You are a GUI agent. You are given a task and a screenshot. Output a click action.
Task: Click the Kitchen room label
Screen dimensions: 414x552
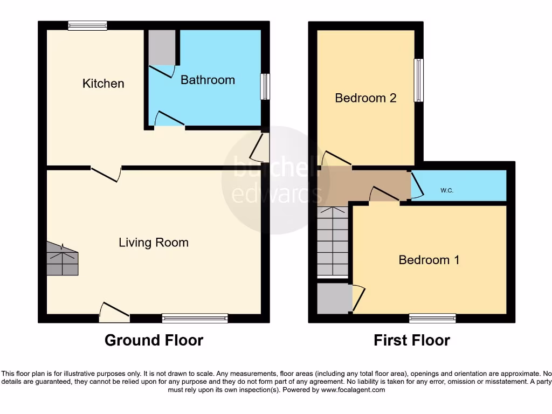click(103, 84)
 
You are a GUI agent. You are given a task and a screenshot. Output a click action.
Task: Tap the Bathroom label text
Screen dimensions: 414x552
click(208, 80)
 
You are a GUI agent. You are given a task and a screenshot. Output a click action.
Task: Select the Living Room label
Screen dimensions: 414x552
click(154, 243)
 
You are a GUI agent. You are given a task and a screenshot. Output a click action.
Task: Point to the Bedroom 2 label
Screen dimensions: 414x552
click(365, 98)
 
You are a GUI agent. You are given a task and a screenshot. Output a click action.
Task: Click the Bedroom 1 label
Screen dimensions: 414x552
click(429, 260)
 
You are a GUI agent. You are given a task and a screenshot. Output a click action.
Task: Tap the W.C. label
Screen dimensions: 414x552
click(446, 190)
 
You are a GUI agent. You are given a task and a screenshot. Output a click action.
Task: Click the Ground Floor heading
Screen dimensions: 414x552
click(154, 340)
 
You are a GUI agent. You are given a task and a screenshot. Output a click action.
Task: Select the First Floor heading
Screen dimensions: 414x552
click(412, 340)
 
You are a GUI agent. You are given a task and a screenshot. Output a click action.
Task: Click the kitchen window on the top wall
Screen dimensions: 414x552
click(87, 25)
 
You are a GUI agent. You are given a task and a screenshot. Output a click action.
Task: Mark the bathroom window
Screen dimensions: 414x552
click(265, 87)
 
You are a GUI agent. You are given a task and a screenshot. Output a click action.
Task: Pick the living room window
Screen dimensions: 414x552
click(195, 319)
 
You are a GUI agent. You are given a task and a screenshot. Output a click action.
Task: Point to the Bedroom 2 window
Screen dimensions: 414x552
click(418, 80)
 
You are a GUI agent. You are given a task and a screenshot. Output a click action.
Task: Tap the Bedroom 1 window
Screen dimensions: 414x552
click(432, 319)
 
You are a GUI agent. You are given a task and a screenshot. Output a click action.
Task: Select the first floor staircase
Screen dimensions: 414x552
click(332, 241)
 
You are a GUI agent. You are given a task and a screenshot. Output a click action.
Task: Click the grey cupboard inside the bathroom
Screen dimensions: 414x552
click(162, 47)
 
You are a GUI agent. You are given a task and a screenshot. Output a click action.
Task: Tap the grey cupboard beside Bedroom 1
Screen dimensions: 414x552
click(334, 298)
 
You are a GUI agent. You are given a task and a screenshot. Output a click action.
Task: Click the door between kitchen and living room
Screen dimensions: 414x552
click(106, 174)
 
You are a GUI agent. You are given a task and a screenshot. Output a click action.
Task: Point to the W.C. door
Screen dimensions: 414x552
click(416, 185)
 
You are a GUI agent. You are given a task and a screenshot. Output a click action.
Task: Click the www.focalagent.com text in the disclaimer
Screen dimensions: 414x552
click(353, 389)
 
